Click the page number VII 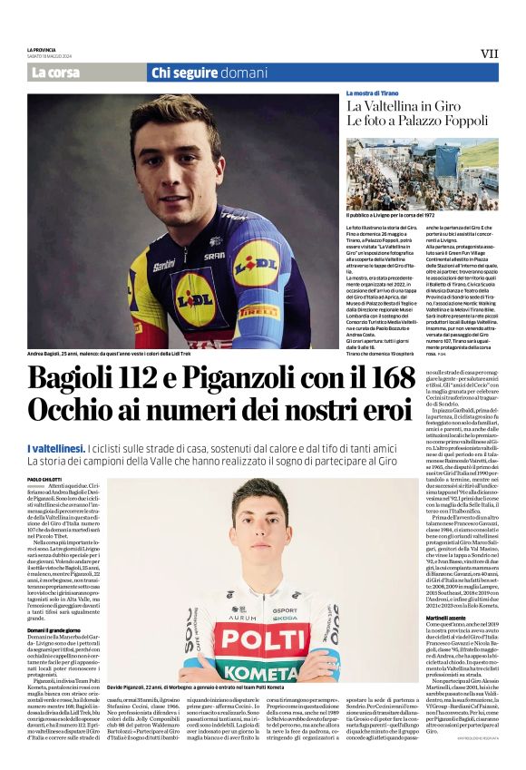pyautogui.click(x=489, y=54)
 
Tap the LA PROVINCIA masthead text pyautogui.click(x=42, y=49)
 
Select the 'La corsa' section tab pyautogui.click(x=55, y=73)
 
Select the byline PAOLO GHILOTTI pyautogui.click(x=45, y=479)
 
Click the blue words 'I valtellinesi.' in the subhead pyautogui.click(x=56, y=449)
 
